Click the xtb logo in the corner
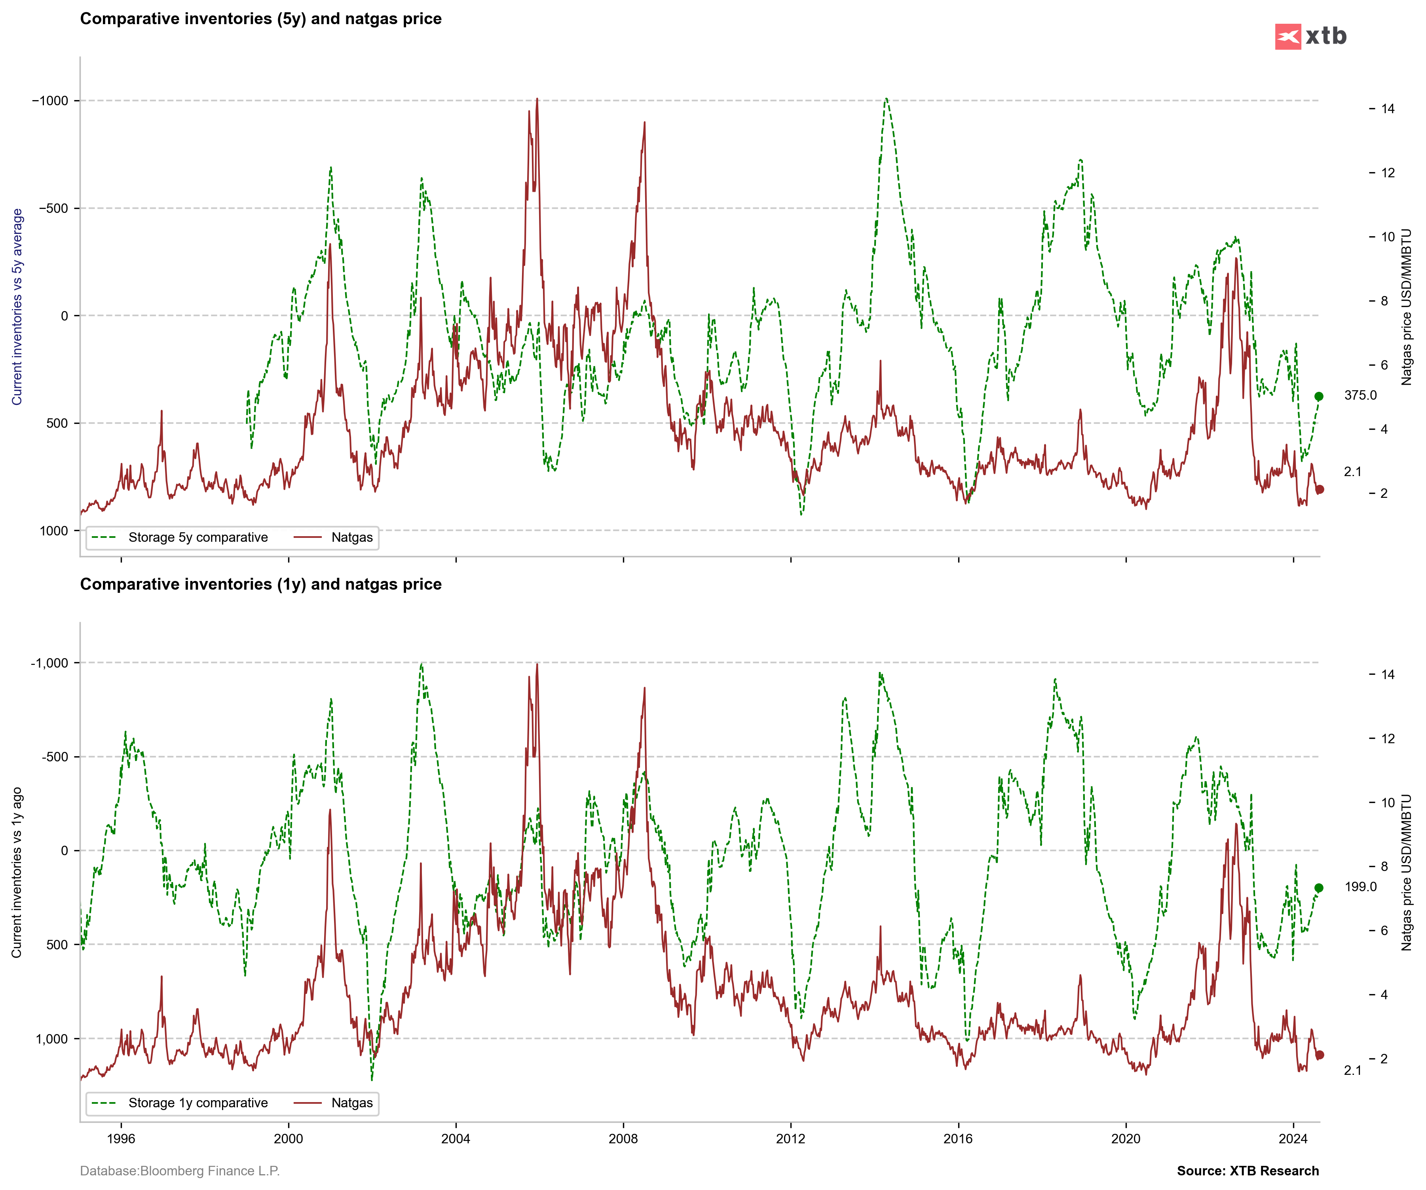1310,36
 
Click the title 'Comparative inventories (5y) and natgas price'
261,19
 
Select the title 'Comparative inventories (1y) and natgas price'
261,585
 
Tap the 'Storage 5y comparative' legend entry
197,538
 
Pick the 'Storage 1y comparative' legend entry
197,1103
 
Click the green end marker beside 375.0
1319,397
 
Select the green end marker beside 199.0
1319,888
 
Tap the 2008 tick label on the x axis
623,1139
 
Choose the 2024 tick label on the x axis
1293,1139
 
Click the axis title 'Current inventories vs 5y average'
17,307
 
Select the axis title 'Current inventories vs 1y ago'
17,872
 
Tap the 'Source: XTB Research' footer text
1248,1171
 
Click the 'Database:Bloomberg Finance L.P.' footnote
180,1171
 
